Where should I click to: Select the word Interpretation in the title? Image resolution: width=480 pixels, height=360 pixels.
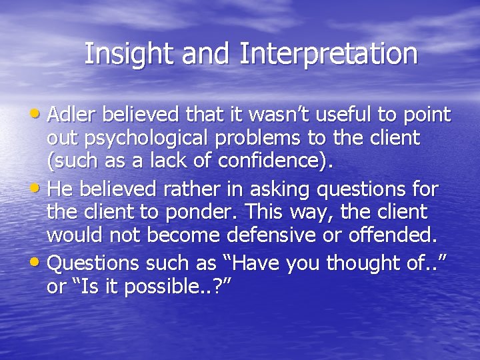[329, 54]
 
